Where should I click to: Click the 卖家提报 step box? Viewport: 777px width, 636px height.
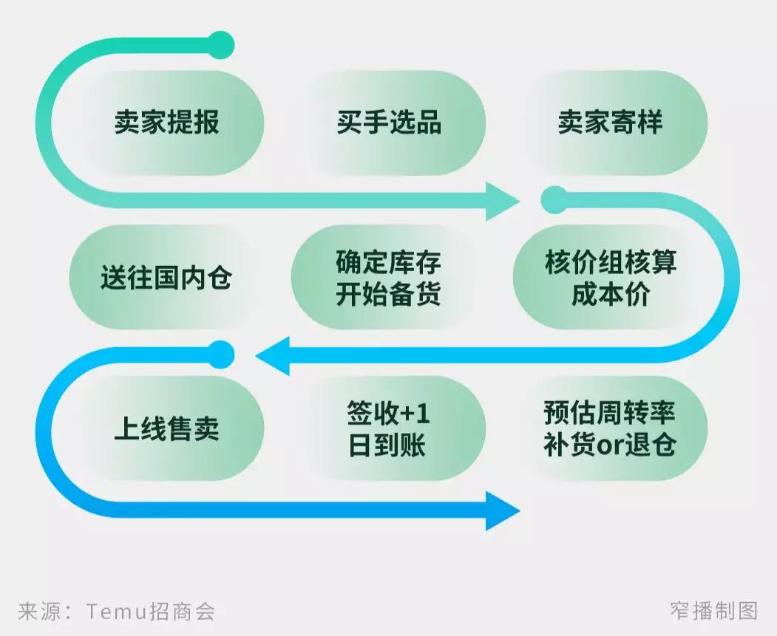click(x=167, y=123)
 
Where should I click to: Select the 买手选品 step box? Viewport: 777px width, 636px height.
click(x=389, y=123)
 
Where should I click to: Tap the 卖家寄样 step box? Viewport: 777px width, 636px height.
click(x=611, y=123)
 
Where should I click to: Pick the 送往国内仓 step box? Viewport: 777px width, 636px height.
click(x=166, y=278)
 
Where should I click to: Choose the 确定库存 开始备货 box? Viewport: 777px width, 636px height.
click(x=389, y=278)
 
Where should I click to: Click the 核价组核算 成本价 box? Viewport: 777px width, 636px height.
click(x=611, y=278)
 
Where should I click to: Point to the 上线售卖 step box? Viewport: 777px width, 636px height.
click(x=167, y=428)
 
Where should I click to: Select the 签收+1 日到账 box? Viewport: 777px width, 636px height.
click(x=389, y=428)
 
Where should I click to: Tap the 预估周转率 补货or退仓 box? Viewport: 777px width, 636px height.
click(x=611, y=428)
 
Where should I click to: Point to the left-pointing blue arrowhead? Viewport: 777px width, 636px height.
click(x=273, y=356)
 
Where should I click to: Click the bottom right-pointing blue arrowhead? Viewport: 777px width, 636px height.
click(x=503, y=510)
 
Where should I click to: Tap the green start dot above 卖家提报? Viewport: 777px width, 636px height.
click(x=220, y=45)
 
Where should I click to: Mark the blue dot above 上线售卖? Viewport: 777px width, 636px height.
click(x=220, y=355)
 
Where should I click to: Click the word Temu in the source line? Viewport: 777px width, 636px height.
click(x=117, y=611)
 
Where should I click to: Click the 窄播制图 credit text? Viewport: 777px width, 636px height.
click(x=714, y=611)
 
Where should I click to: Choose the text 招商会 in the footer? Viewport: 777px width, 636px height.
click(x=183, y=611)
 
